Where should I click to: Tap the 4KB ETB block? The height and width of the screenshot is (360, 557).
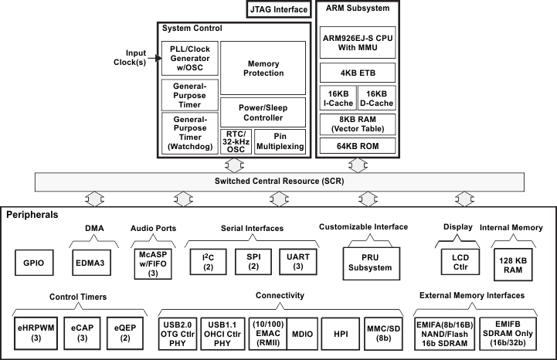click(x=358, y=73)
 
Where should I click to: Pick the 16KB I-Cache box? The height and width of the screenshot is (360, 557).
click(x=337, y=98)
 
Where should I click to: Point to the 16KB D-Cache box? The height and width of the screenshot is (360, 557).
click(x=379, y=98)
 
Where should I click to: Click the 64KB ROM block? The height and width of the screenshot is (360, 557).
click(x=358, y=146)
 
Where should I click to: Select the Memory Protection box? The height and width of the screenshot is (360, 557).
click(x=263, y=68)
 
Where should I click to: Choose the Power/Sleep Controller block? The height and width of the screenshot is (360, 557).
click(x=263, y=113)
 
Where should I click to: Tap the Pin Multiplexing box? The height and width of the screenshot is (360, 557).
click(x=280, y=141)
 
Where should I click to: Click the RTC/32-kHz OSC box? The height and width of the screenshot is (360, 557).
click(x=236, y=141)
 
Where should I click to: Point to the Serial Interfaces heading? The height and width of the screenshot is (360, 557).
click(x=250, y=229)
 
